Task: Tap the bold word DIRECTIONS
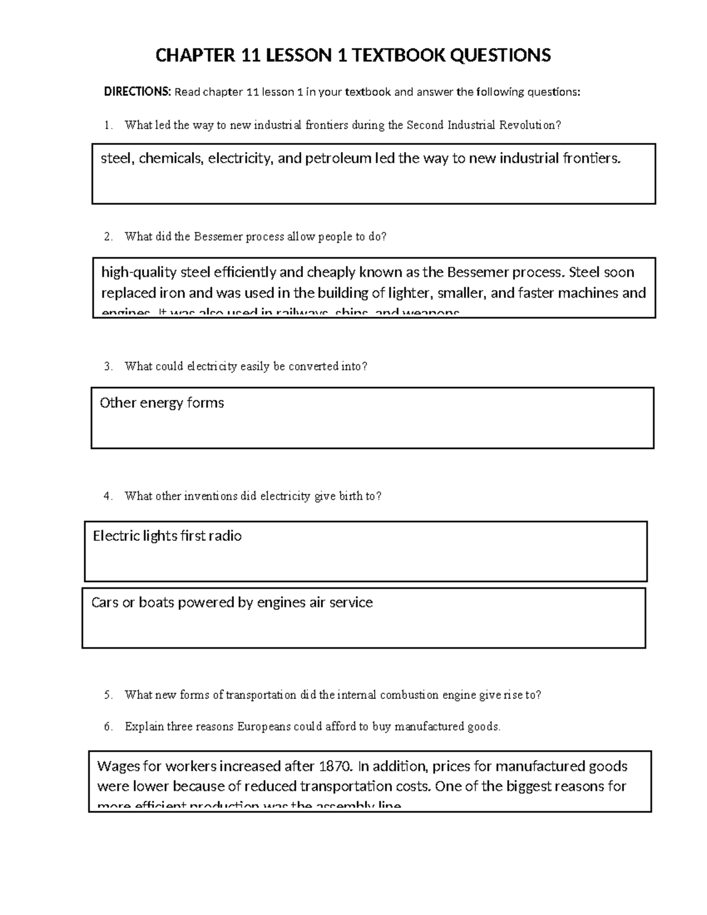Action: (x=137, y=92)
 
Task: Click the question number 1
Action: (x=107, y=125)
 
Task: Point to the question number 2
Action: (x=107, y=237)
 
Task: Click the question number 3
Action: (x=107, y=366)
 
